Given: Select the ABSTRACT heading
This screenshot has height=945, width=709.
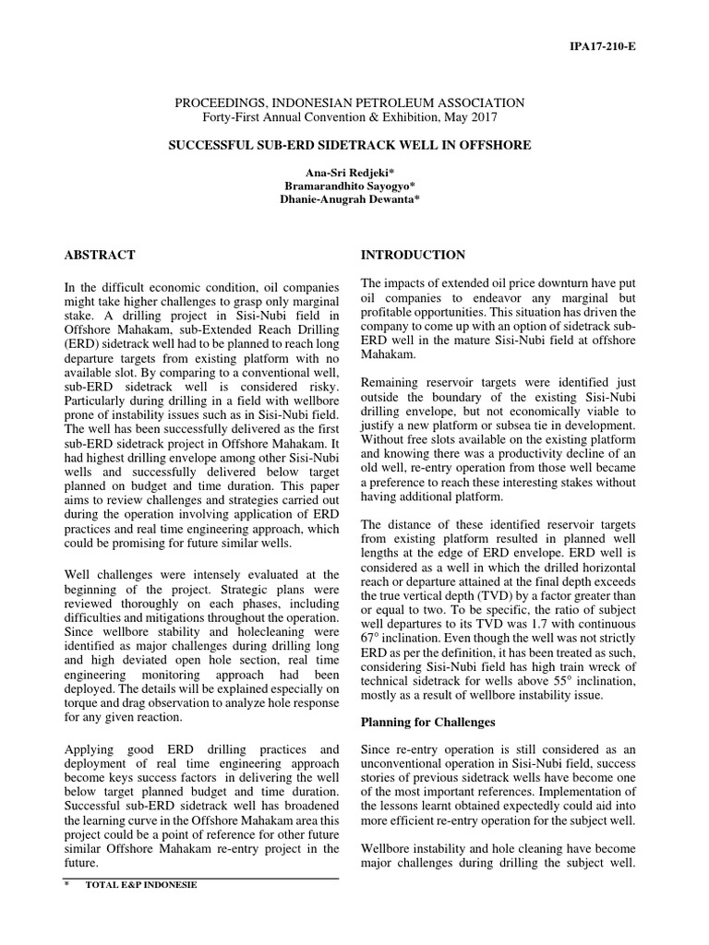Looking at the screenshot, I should pyautogui.click(x=100, y=255).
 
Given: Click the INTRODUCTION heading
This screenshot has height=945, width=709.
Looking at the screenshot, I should pyautogui.click(x=413, y=255).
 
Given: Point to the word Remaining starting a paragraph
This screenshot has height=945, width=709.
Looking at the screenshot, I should pyautogui.click(x=391, y=381).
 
